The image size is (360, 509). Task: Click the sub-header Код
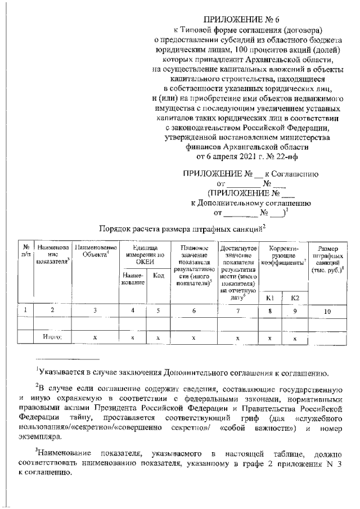(158, 276)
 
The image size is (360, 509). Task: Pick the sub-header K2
(295, 297)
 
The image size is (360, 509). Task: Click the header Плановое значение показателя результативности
(193, 264)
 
